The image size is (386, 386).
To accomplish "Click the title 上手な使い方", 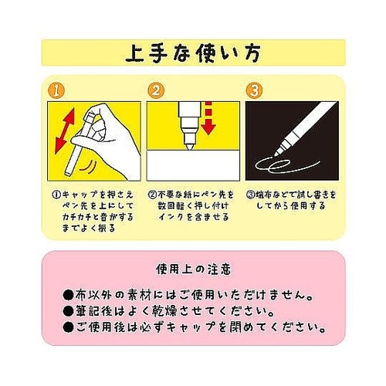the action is coord(193,53).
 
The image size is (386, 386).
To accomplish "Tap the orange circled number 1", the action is coord(56,90).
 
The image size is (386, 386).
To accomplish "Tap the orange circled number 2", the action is coord(156,90).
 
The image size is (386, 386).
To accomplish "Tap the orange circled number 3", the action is coord(254,90).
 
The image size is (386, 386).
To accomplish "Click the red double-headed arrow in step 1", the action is coord(65,131).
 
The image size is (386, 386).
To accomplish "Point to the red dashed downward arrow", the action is coord(208,118).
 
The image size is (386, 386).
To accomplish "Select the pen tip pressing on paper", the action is coord(189,147).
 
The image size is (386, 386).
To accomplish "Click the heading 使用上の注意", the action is coord(193,269).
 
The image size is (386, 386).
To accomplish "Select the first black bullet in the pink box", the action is coord(68,296).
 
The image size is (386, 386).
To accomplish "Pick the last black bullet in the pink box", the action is coord(68,327).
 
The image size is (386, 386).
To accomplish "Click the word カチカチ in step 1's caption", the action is coord(77,217).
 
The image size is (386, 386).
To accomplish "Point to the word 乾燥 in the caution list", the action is coord(166,312).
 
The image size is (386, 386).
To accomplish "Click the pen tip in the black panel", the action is coord(277,154).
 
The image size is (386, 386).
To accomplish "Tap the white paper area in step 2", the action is coord(193,165).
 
